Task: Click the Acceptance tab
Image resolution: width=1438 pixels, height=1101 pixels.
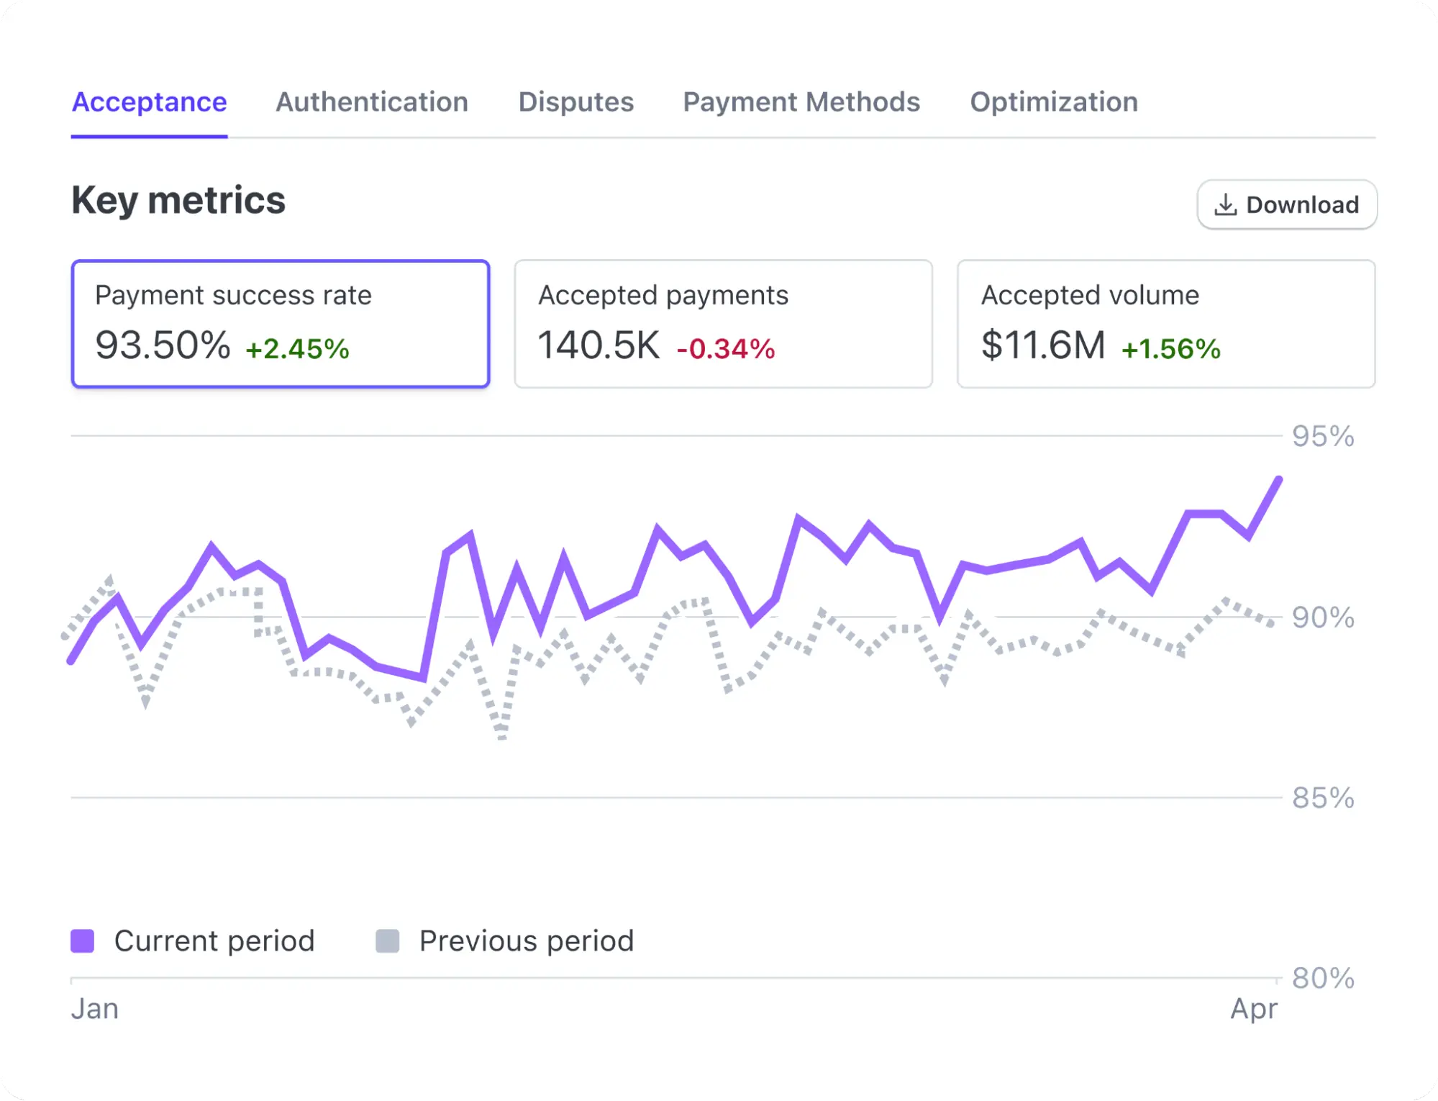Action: [x=149, y=102]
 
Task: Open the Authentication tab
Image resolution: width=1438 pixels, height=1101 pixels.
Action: [x=372, y=102]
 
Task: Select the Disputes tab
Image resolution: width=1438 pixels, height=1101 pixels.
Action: [x=575, y=102]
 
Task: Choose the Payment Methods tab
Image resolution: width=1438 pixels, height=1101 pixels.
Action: [x=801, y=102]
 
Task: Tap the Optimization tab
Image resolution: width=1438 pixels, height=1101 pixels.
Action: [x=1054, y=102]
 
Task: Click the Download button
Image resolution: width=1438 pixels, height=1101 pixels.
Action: [x=1287, y=205]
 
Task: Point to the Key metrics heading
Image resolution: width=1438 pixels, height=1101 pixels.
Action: [x=178, y=200]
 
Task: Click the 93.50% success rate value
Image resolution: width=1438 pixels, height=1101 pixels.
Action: [x=163, y=345]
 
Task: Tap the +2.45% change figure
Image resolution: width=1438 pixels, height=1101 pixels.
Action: [x=297, y=349]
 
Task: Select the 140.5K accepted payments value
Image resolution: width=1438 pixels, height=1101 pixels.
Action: [x=599, y=345]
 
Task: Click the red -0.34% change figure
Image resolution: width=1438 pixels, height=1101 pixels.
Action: [x=726, y=349]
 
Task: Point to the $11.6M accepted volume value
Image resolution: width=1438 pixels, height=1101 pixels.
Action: [x=1043, y=345]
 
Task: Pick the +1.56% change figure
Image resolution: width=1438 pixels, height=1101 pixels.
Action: [x=1171, y=349]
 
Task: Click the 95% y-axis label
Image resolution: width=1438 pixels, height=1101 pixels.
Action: [x=1323, y=436]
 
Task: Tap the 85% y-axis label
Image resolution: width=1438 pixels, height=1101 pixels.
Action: [x=1323, y=798]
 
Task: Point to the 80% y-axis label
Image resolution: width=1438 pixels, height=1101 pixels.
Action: [x=1323, y=979]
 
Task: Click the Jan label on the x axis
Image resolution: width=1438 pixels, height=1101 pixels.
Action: [x=95, y=1009]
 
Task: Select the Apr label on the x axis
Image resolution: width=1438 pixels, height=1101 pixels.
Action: [x=1254, y=1009]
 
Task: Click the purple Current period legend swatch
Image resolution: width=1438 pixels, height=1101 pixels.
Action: [x=83, y=941]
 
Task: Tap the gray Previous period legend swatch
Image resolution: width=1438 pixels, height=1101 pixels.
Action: [x=388, y=941]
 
